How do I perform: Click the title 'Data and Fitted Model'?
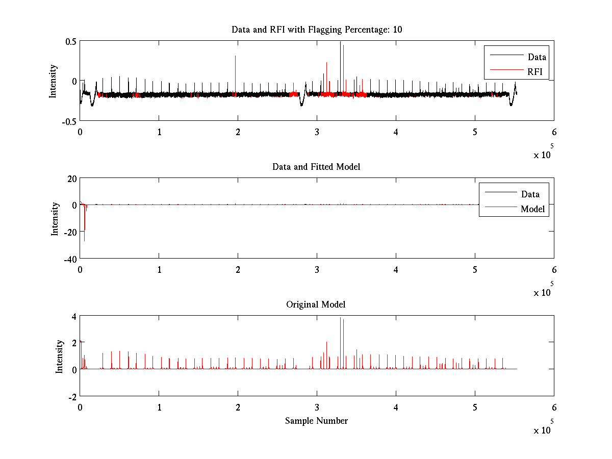pyautogui.click(x=316, y=167)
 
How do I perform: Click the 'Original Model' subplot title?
pyautogui.click(x=316, y=304)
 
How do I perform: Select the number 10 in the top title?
pyautogui.click(x=397, y=30)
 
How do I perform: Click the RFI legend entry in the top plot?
pyautogui.click(x=535, y=71)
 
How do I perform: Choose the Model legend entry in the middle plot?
pyautogui.click(x=532, y=209)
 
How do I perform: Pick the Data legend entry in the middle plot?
pyautogui.click(x=530, y=194)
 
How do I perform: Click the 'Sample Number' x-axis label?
pyautogui.click(x=316, y=421)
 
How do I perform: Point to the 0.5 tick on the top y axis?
pyautogui.click(x=70, y=42)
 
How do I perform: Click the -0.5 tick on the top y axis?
pyautogui.click(x=69, y=121)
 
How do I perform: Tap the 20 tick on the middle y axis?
pyautogui.click(x=70, y=178)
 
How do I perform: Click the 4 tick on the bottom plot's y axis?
pyautogui.click(x=73, y=316)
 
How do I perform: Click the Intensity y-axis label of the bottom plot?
pyautogui.click(x=59, y=356)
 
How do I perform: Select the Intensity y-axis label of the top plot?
pyautogui.click(x=53, y=81)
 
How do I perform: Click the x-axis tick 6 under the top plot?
pyautogui.click(x=554, y=132)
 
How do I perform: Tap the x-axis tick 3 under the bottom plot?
pyautogui.click(x=317, y=407)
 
